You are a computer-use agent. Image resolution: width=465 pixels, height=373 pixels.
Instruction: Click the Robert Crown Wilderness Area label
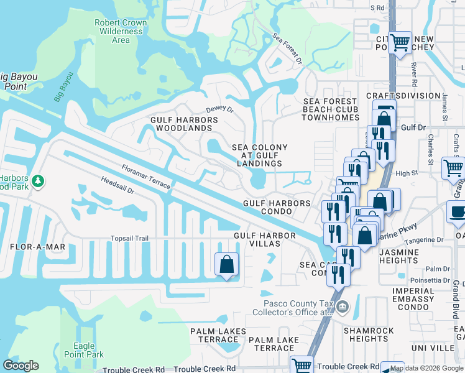[x=121, y=31]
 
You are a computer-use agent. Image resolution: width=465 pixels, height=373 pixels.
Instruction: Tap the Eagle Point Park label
[x=84, y=350]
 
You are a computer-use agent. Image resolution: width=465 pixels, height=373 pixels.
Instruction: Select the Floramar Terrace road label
[x=145, y=177]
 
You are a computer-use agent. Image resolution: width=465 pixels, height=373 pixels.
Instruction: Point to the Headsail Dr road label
[x=117, y=186]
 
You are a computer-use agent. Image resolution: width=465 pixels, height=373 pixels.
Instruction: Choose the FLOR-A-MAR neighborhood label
[x=37, y=247]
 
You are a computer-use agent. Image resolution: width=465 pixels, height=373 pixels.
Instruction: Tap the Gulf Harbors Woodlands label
[x=183, y=124]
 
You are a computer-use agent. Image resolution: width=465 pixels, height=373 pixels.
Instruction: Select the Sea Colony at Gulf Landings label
[x=260, y=155]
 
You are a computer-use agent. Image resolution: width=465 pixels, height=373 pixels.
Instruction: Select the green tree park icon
[x=39, y=181]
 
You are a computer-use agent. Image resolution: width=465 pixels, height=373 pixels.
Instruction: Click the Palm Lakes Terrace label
[x=218, y=335]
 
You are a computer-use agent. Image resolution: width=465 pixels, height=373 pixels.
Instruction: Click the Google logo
[x=21, y=366]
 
